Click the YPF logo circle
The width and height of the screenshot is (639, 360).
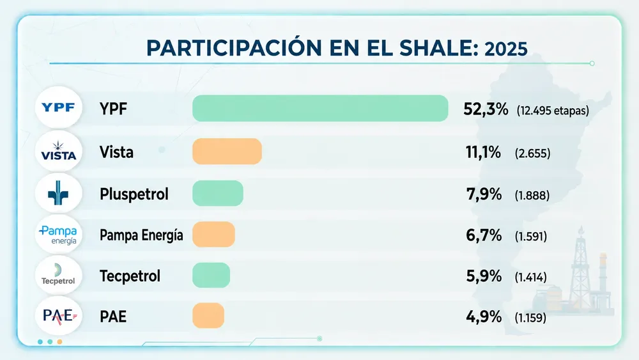[x=59, y=107]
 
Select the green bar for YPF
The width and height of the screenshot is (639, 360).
[x=320, y=109]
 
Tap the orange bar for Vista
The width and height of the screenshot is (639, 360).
[x=227, y=152]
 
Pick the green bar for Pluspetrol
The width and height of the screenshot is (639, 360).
[x=218, y=193]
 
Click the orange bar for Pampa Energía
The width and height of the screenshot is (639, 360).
[x=213, y=235]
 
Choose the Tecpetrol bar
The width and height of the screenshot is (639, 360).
[x=211, y=275]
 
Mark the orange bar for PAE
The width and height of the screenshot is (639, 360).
[x=208, y=316]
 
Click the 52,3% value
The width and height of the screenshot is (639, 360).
[x=486, y=109]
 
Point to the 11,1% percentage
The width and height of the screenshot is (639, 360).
[x=483, y=152]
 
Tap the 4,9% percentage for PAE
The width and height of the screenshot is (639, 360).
[x=484, y=317]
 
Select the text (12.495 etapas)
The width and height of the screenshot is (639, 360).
[x=553, y=111]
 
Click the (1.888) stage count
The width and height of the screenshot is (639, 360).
[x=532, y=195]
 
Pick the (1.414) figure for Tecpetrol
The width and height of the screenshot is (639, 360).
[x=530, y=278]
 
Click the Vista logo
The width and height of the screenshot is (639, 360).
[x=59, y=151]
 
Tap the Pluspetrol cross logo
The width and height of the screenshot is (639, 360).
[x=59, y=193]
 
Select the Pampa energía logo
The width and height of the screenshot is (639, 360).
[x=59, y=235]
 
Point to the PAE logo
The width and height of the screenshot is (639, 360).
[x=59, y=316]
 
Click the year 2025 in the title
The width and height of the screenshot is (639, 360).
[x=505, y=49]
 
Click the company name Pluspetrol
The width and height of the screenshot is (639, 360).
[x=134, y=194]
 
